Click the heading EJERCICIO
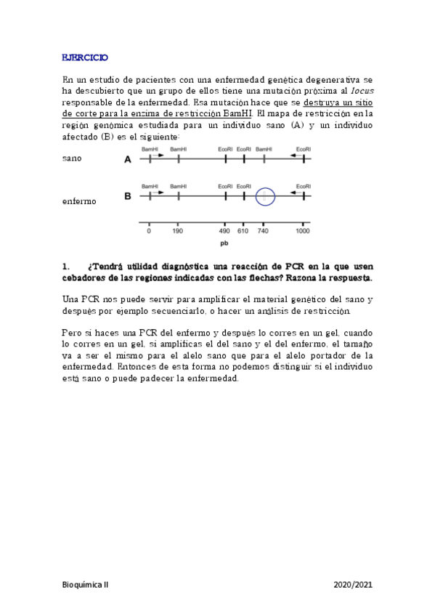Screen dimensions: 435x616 84,56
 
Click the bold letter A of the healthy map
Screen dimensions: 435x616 128,159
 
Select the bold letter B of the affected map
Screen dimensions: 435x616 128,196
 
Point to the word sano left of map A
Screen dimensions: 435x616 73,158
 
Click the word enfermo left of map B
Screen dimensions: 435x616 79,200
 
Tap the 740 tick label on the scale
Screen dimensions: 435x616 262,231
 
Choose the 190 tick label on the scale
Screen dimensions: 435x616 177,231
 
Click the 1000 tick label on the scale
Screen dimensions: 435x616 302,231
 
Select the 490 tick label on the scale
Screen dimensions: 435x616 224,231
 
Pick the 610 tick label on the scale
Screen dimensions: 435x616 243,231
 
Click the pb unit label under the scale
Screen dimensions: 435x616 224,244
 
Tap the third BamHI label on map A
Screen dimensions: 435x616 264,148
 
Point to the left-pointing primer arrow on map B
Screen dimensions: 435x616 294,192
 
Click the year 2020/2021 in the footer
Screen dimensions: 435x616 353,583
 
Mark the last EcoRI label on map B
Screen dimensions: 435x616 304,186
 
